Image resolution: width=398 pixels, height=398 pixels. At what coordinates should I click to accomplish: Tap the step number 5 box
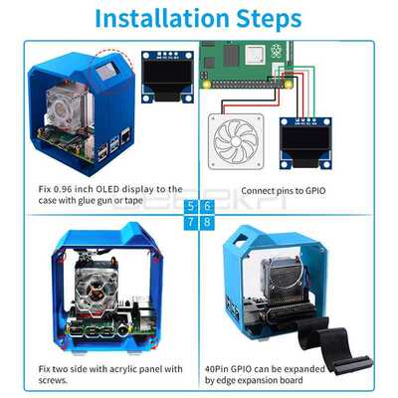pyautogui.click(x=190, y=207)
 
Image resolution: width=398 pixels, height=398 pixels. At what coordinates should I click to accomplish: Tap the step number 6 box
pyautogui.click(x=206, y=207)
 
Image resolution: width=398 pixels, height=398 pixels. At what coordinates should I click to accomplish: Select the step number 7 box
pyautogui.click(x=190, y=222)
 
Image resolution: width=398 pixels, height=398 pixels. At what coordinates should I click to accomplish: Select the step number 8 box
pyautogui.click(x=206, y=222)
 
